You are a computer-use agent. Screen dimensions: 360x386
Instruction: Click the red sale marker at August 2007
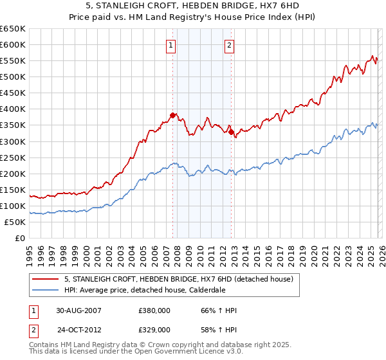(172, 115)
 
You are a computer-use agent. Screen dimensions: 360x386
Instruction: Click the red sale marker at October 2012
(231, 132)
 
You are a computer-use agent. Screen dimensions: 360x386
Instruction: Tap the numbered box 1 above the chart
(171, 45)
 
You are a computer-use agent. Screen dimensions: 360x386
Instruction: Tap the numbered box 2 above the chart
(230, 45)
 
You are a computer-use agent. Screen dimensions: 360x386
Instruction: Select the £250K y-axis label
(13, 157)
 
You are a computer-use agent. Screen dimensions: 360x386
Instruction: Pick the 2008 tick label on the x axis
(177, 255)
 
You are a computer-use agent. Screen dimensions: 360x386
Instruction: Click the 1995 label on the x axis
(29, 255)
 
